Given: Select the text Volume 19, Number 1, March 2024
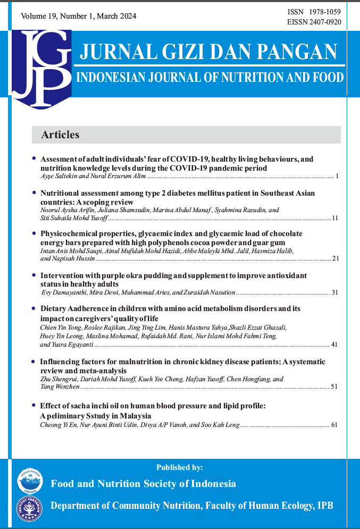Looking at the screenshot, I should click(78, 16).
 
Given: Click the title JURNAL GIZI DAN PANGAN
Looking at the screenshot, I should click(208, 52).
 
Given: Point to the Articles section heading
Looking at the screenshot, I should click(60, 135).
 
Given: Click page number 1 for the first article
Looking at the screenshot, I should click(338, 175).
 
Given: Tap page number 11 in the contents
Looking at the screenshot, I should click(335, 218).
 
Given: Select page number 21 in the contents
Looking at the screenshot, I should click(335, 258).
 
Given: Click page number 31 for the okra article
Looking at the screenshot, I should click(335, 292).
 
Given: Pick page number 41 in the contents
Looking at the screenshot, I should click(335, 345).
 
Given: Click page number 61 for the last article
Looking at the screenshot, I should click(334, 425).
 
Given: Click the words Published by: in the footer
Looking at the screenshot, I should click(180, 468).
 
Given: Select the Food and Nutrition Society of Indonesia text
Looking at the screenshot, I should click(143, 484).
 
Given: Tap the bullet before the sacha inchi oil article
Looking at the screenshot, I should click(35, 405).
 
